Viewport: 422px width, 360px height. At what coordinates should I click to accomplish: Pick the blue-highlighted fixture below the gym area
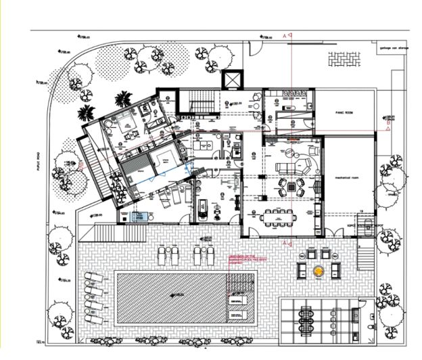pyautogui.click(x=142, y=217)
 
